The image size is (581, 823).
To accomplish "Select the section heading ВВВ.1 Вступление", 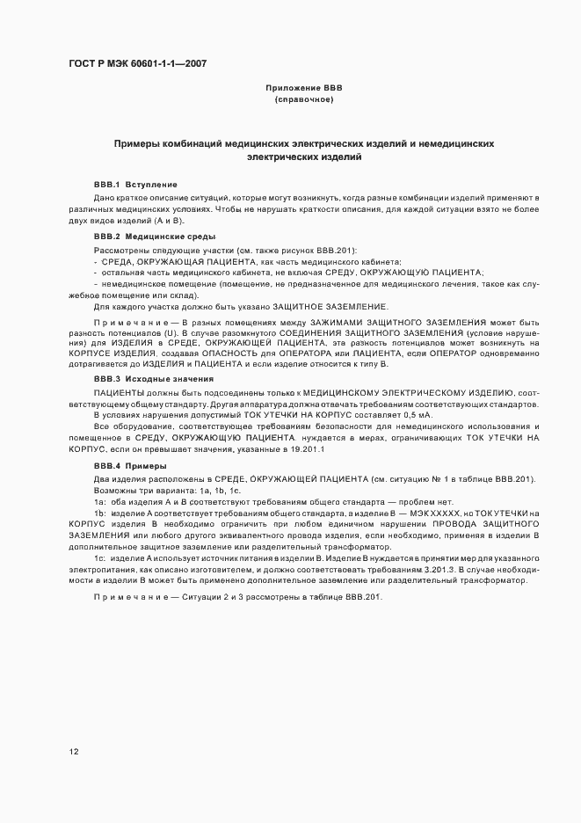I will [135, 185].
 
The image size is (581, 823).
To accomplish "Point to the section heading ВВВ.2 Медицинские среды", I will [153, 237].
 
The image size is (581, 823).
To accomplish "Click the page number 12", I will [74, 752].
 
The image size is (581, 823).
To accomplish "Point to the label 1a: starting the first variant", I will [100, 500].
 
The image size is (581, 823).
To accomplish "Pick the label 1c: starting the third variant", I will [100, 559].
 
